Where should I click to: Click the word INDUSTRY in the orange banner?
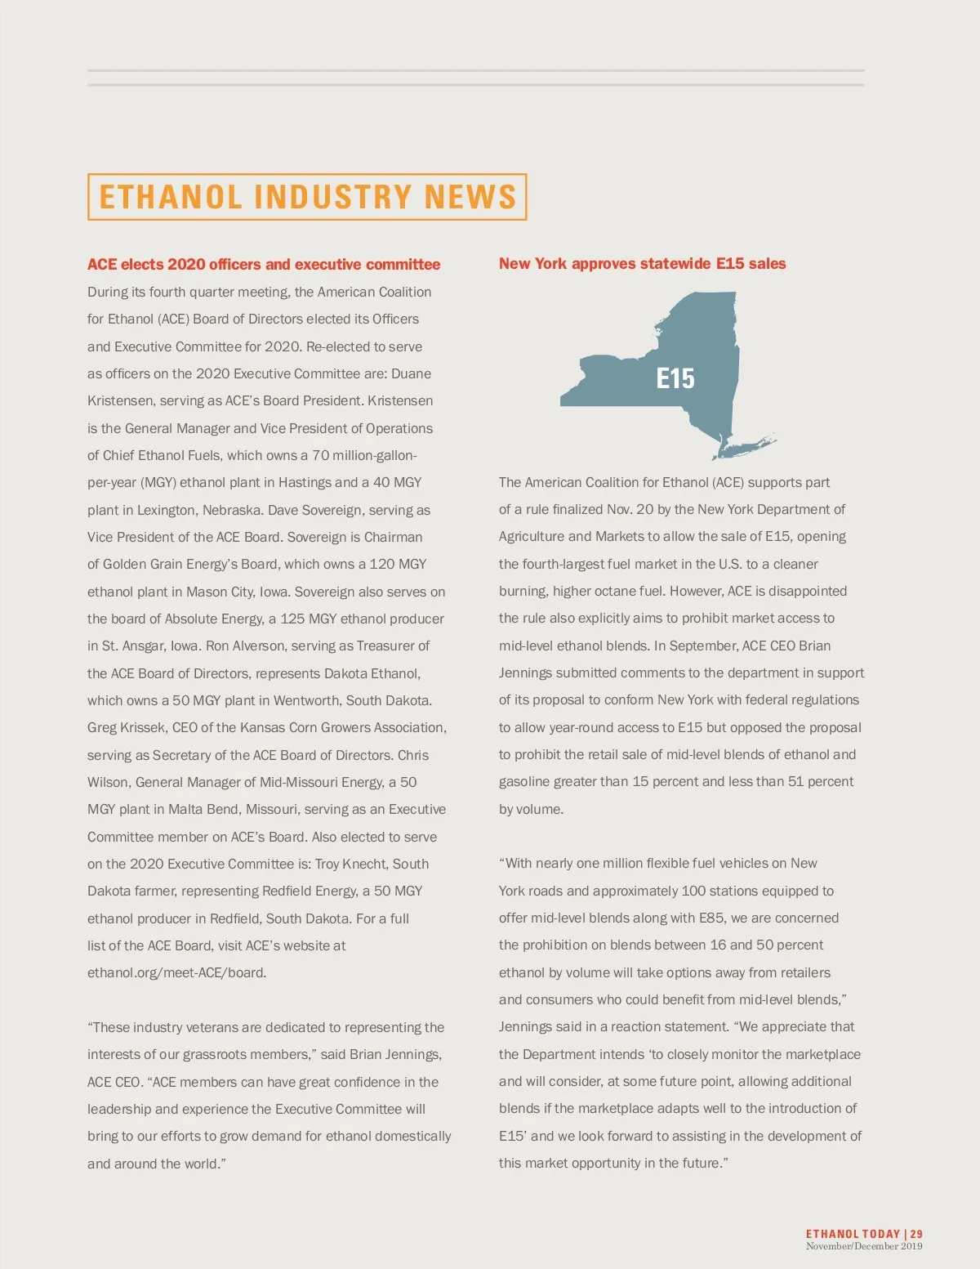click(332, 197)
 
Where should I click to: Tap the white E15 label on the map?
click(675, 378)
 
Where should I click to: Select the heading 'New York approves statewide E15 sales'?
click(642, 263)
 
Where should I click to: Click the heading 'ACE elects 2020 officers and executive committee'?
click(264, 264)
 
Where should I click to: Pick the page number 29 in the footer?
click(916, 1234)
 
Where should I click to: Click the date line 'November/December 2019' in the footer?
click(864, 1246)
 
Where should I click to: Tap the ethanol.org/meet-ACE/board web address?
click(176, 972)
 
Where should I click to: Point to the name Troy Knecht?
click(352, 864)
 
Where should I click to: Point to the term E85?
click(712, 918)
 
